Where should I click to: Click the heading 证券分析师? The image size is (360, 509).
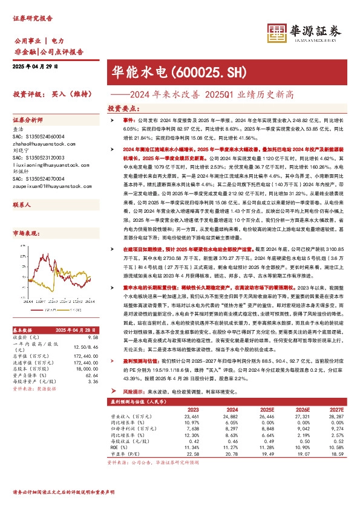[x=29, y=120]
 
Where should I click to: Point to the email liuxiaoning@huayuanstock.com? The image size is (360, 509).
[x=50, y=163]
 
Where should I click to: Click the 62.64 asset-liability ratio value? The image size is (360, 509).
[x=92, y=375]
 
